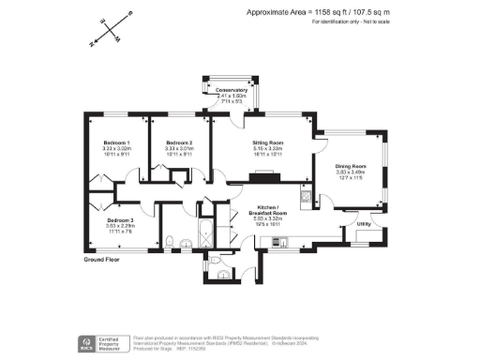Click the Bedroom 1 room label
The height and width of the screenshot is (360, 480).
pos(116,142)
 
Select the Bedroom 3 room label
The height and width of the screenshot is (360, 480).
pos(120,220)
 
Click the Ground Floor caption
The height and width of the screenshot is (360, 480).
pos(102,258)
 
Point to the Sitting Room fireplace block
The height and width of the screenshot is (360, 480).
pos(260,175)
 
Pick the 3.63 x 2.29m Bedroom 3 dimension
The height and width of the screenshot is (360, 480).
pos(120,226)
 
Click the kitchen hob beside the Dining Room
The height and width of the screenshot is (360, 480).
pos(305,196)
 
